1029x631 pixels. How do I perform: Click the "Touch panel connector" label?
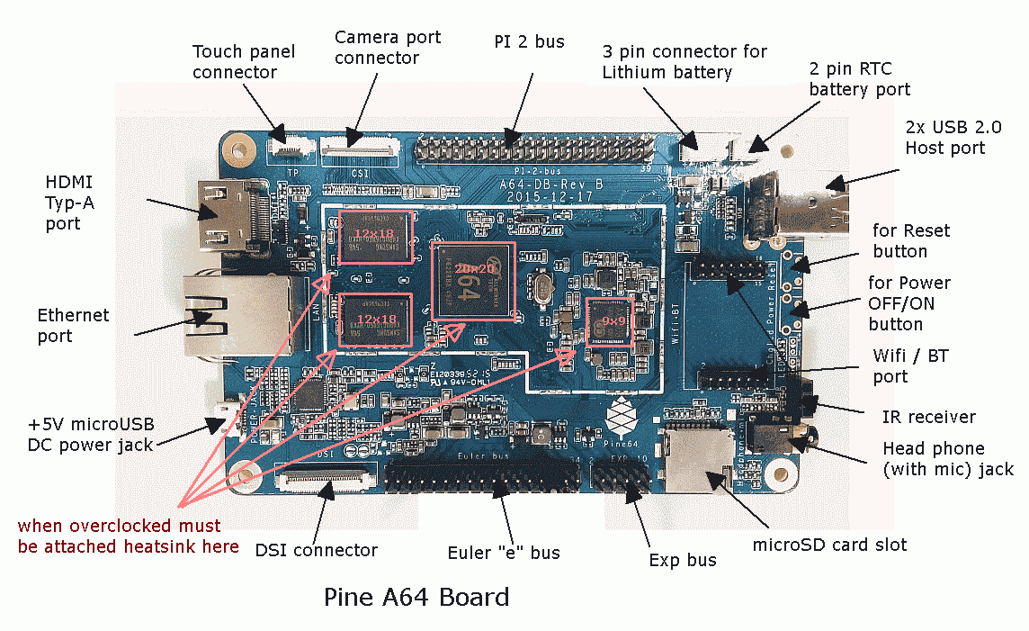point(235,61)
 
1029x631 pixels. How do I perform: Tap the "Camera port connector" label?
point(387,48)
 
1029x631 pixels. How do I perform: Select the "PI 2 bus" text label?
point(529,41)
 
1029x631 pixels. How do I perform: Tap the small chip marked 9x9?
point(613,321)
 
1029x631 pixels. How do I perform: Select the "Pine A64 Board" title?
point(416,597)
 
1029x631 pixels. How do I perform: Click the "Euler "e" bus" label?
point(504,552)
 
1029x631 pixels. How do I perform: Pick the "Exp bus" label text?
point(683,560)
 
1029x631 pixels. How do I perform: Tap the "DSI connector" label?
point(316,549)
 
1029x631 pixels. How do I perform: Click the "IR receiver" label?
point(928,417)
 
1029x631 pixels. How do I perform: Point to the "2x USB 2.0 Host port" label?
point(944,138)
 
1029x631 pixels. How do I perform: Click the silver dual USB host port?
point(796,202)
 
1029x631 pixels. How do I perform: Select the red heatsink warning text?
point(128,536)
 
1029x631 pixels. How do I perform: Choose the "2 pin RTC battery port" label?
point(859,79)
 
